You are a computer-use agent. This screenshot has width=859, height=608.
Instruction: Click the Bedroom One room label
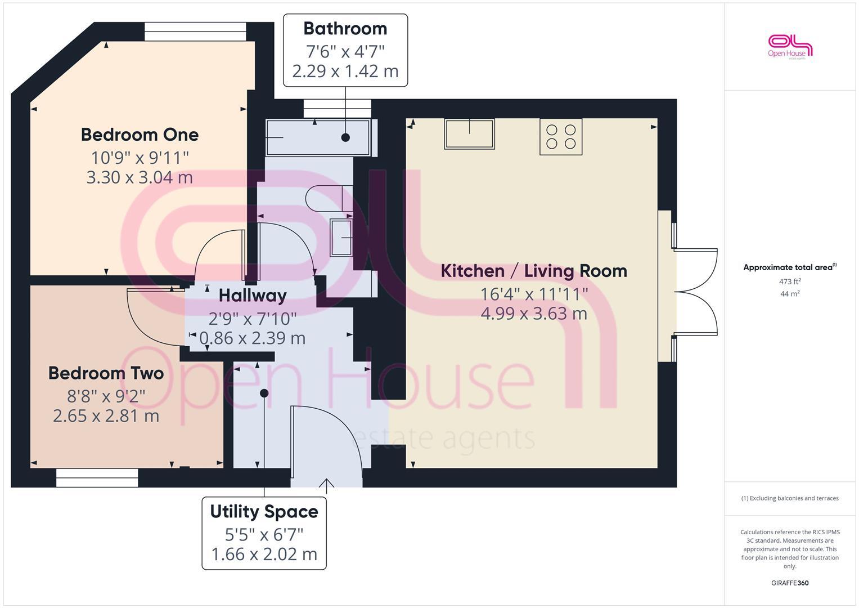click(x=140, y=135)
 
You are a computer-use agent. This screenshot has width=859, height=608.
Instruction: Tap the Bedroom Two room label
click(x=106, y=373)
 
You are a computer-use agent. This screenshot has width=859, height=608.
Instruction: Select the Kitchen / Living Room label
click(x=533, y=271)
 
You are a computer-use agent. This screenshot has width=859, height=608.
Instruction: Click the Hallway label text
click(x=253, y=296)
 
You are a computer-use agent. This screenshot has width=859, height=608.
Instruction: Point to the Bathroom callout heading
click(x=345, y=29)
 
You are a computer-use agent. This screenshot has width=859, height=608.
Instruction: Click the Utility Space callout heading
click(x=264, y=512)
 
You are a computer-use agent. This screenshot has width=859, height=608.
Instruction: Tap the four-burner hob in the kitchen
click(x=561, y=136)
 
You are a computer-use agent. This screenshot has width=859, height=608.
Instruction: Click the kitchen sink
click(x=469, y=134)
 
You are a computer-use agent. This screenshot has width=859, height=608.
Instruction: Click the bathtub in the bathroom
click(x=318, y=137)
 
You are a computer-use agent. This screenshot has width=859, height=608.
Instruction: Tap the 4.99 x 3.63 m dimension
click(x=533, y=314)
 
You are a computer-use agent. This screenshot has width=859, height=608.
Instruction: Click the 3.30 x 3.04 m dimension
click(x=140, y=177)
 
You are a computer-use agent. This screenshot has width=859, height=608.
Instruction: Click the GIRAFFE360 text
click(x=790, y=583)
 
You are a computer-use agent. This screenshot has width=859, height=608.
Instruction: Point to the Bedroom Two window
click(x=97, y=478)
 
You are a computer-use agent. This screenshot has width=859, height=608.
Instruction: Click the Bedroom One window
click(x=195, y=32)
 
